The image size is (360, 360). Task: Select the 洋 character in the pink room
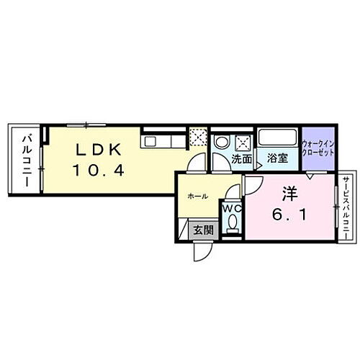289,195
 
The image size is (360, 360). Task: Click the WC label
231,209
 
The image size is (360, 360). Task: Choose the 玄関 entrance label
202,230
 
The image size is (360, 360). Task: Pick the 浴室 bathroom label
277,158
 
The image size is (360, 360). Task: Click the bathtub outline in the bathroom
277,138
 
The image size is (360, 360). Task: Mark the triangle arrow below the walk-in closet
310,174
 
